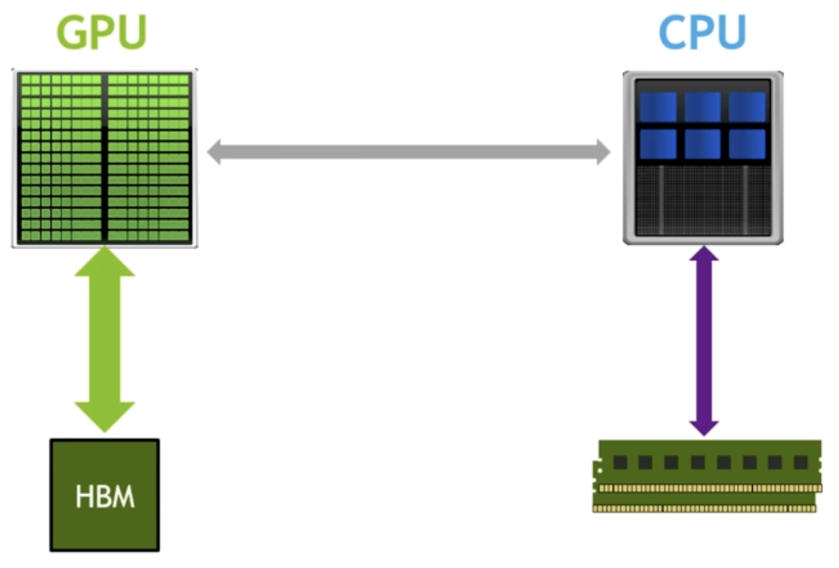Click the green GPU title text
[102, 33]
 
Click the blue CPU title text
[702, 33]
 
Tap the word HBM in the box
[104, 499]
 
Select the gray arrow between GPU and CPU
[409, 153]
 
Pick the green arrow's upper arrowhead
[104, 262]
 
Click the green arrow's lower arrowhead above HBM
[104, 416]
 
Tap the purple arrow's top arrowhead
[704, 255]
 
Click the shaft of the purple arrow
[704, 341]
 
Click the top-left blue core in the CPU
[658, 106]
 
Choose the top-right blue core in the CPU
[747, 106]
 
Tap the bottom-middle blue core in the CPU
[702, 143]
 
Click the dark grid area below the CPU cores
[702, 199]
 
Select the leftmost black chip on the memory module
[619, 462]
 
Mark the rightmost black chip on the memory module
[800, 462]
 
